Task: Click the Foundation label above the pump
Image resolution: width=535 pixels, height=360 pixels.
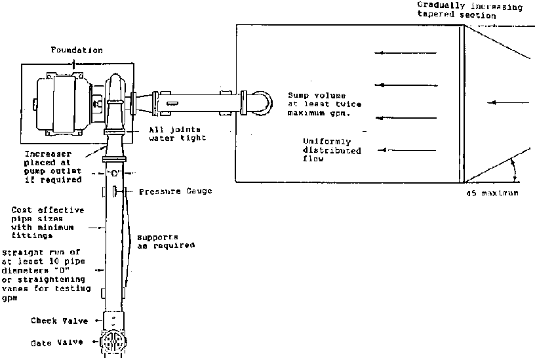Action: coord(78,50)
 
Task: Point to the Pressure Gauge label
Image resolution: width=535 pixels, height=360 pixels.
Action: coord(175,191)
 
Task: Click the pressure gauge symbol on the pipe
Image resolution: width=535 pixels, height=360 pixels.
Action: coord(115,191)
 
